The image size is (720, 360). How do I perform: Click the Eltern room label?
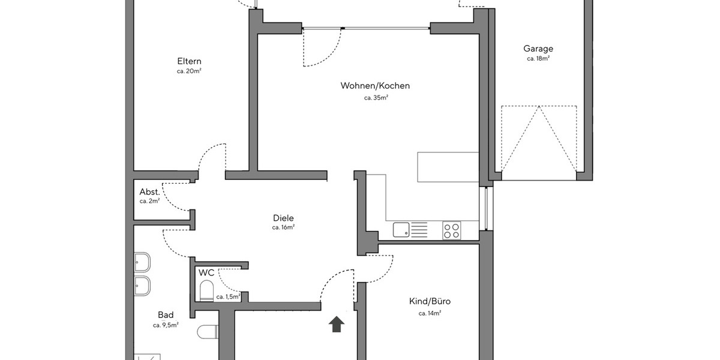189,61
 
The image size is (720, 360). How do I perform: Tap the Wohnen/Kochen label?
375,86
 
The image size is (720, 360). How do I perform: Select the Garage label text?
538,49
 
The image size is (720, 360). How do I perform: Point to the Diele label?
283,218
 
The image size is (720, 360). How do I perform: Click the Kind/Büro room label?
430,302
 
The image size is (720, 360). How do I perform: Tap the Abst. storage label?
149,192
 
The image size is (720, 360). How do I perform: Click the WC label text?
206,273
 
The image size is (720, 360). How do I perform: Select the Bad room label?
166,315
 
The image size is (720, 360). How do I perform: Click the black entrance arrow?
337,324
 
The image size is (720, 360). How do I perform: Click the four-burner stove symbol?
452,230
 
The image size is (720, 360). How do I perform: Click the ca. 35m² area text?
376,97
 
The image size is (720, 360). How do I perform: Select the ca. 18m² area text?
538,59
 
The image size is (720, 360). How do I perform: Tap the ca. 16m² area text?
283,228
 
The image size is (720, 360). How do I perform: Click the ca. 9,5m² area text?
166,325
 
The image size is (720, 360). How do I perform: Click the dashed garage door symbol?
539,138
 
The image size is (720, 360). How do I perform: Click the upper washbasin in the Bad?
142,262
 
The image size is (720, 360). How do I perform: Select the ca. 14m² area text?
430,313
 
